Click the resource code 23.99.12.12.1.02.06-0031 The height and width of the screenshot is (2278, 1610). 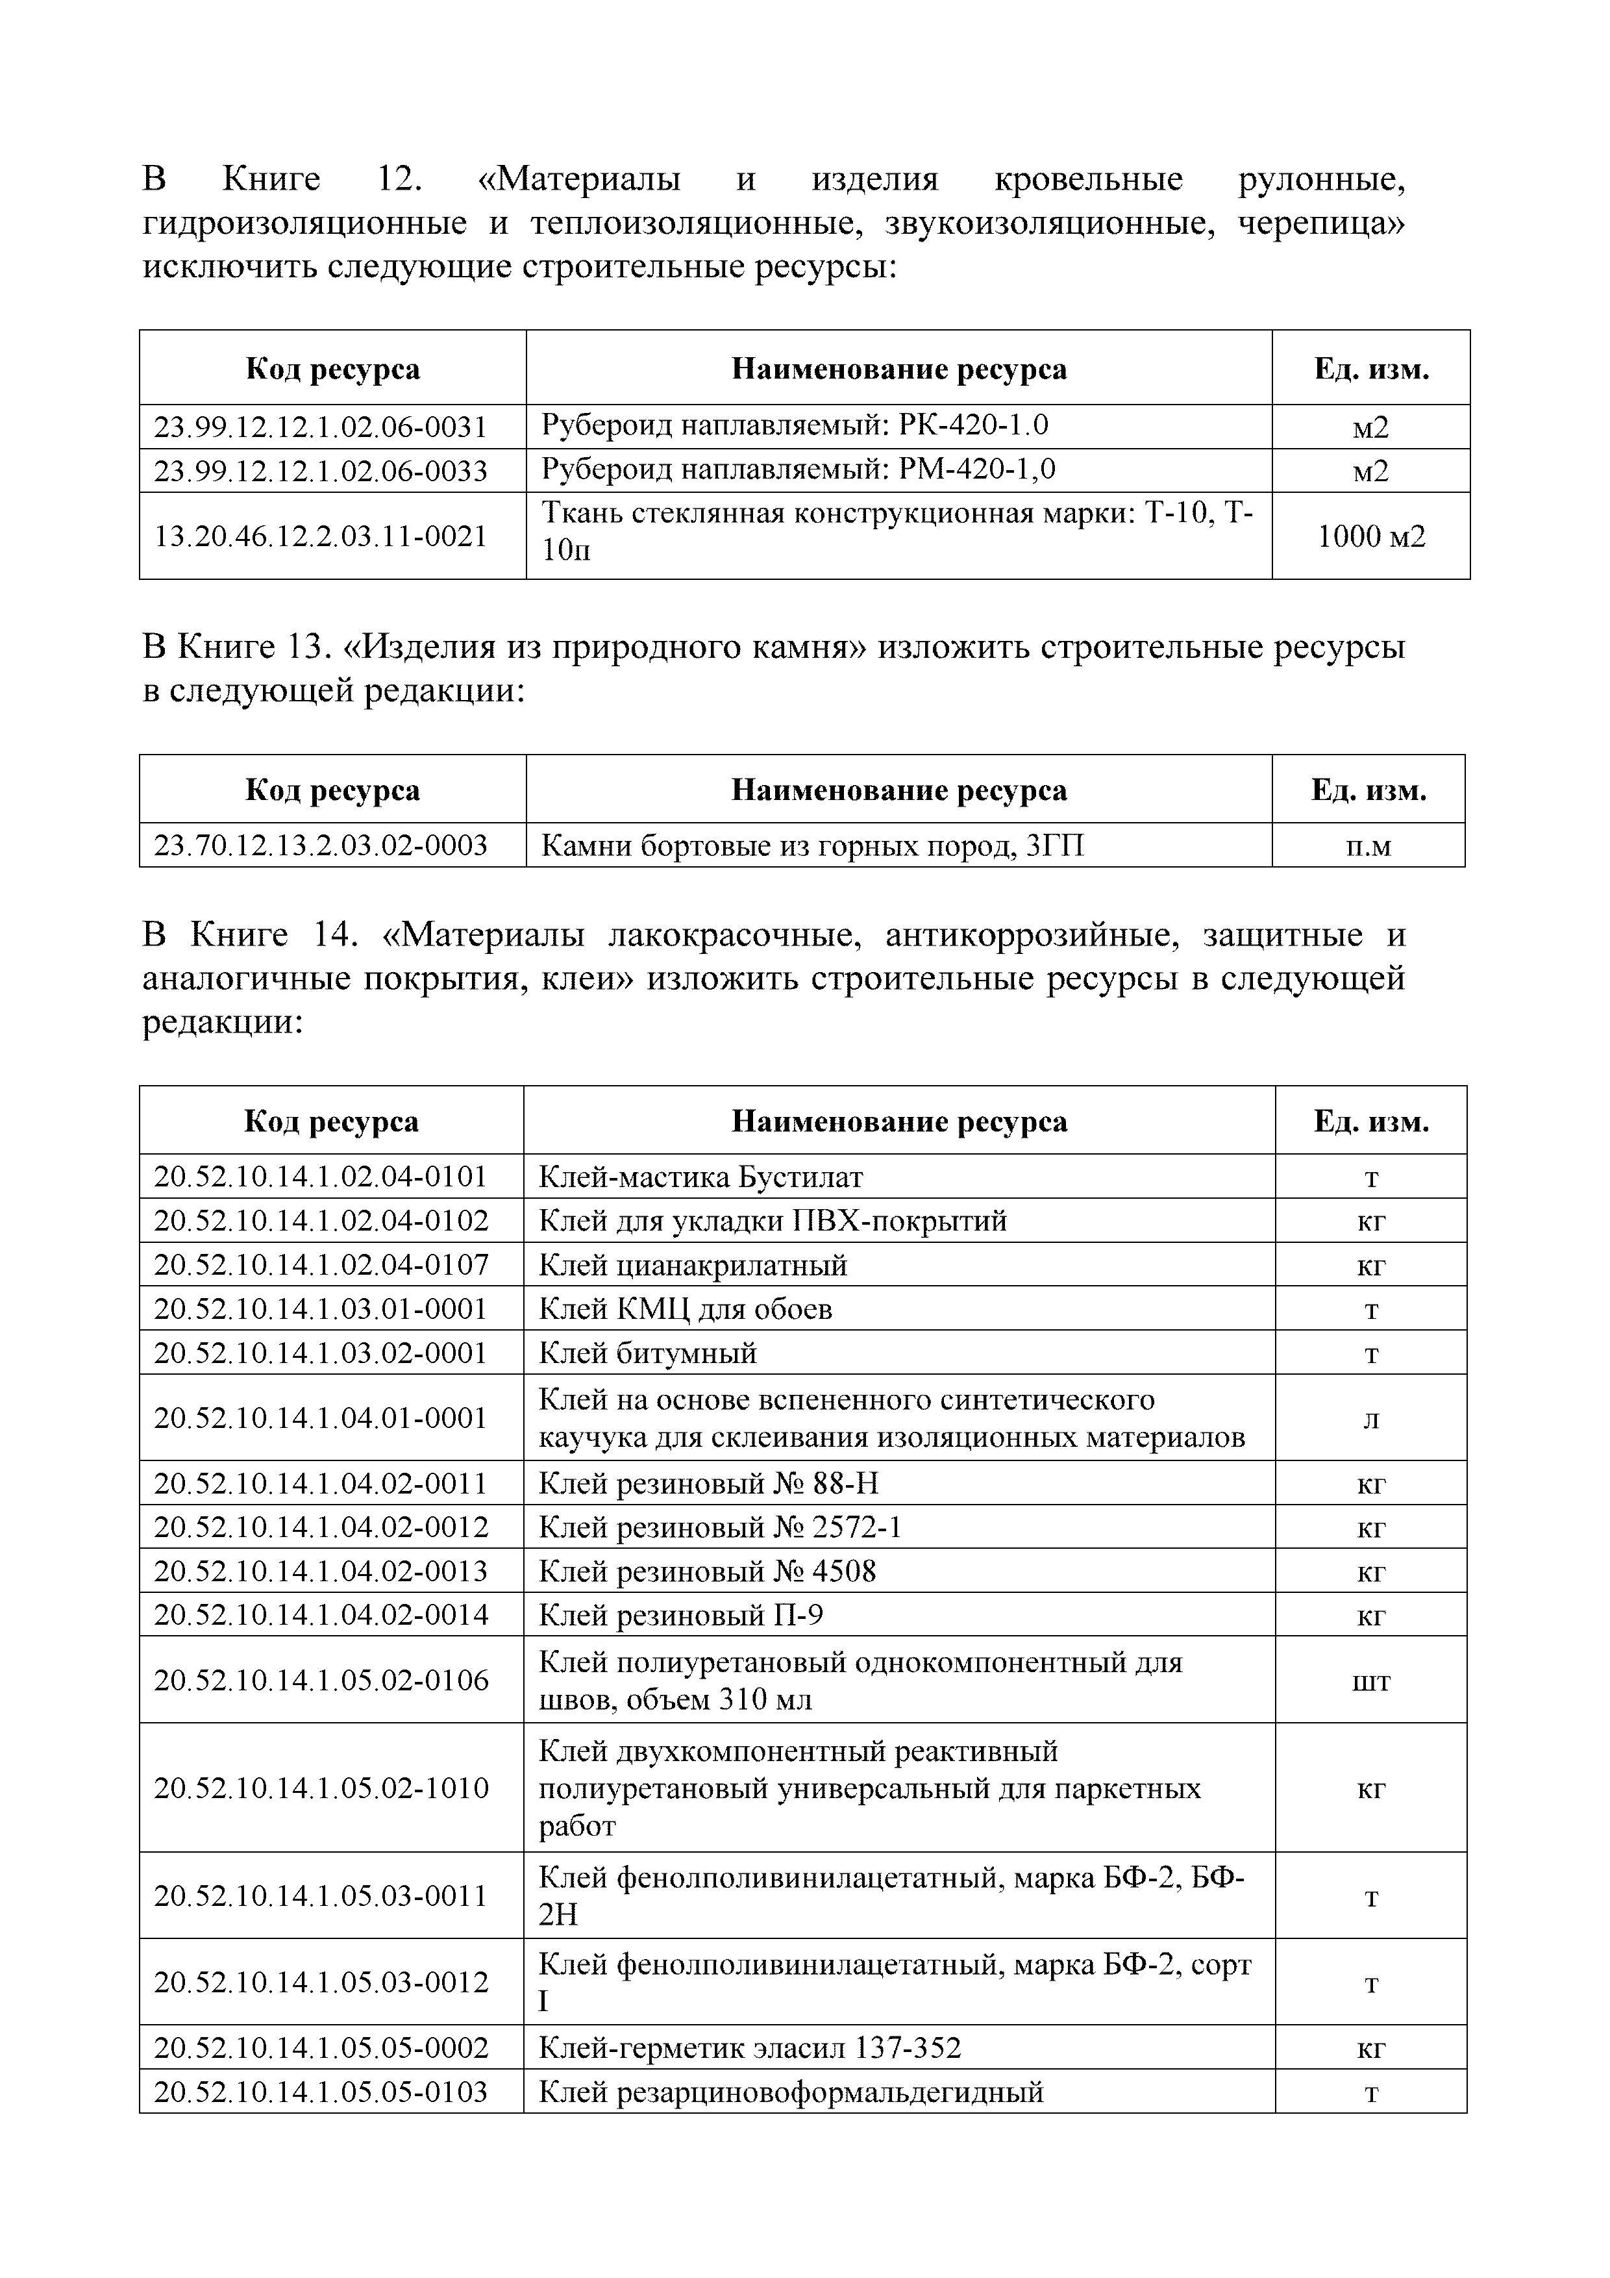[x=321, y=427]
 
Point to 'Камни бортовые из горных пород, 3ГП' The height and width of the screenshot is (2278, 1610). [x=811, y=845]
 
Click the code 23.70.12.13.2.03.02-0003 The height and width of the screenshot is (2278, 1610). [x=321, y=845]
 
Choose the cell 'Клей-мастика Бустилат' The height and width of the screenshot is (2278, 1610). [x=700, y=1177]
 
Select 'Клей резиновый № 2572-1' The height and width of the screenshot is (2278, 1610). [x=720, y=1527]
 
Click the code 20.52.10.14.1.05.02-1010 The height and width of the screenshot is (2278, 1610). [x=321, y=1788]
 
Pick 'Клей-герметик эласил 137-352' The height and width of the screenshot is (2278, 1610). [x=749, y=2048]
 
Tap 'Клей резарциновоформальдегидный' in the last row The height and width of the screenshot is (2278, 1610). [x=791, y=2092]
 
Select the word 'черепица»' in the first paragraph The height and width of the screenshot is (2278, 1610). [x=1321, y=223]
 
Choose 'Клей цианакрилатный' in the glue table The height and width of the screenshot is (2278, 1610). [x=693, y=1265]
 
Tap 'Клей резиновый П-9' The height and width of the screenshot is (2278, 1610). [x=680, y=1615]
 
